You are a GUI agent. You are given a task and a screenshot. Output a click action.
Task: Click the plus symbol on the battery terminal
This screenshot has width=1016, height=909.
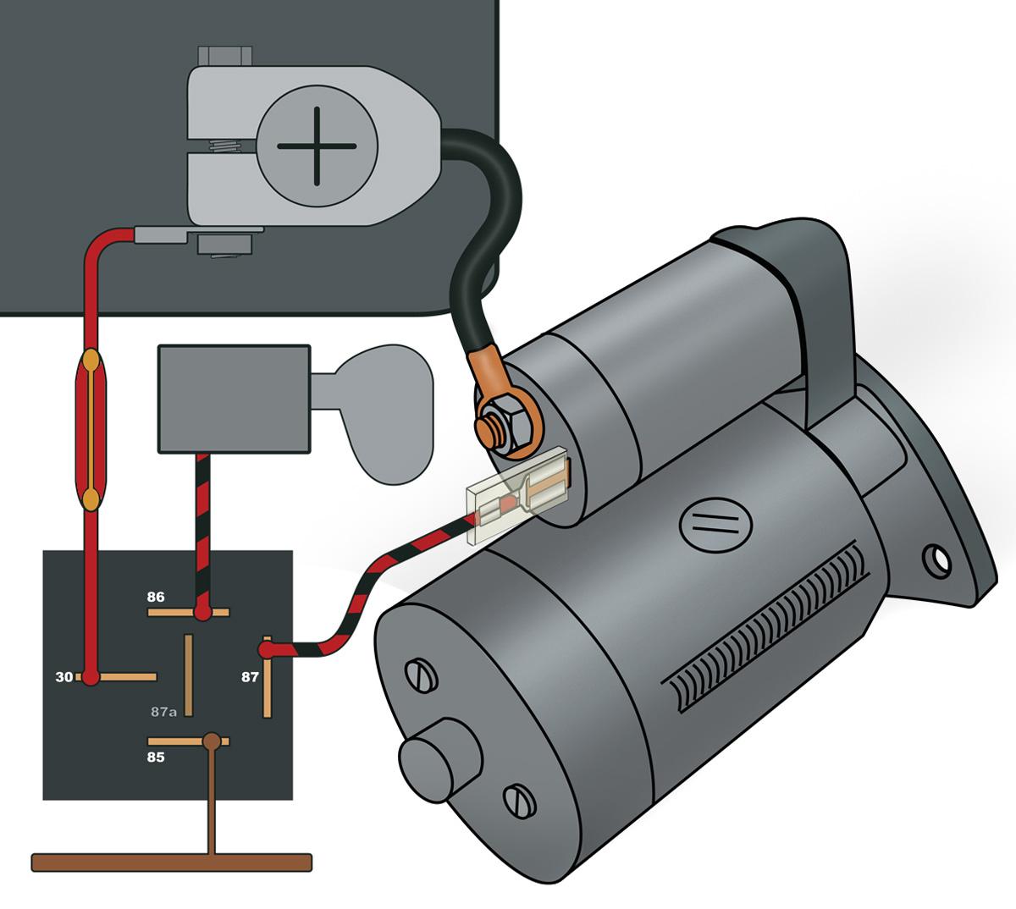pos(317,146)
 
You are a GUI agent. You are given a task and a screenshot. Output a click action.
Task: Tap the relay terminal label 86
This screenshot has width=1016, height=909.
pos(156,597)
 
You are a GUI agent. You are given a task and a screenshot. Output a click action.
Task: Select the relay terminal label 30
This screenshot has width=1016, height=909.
pos(64,677)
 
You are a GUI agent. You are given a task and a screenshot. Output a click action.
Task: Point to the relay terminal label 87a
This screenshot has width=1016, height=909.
pos(164,712)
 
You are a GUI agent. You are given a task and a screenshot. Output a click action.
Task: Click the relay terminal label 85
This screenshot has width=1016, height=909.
pos(156,757)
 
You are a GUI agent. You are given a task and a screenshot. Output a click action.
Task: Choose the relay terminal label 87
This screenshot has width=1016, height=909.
pos(250,677)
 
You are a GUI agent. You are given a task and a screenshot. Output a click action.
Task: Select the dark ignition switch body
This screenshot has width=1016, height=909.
pos(234,399)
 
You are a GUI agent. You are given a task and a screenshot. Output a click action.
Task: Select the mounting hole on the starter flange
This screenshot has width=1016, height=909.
pos(936,559)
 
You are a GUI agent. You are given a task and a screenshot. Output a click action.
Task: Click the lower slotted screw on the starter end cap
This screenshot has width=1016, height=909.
pos(517,800)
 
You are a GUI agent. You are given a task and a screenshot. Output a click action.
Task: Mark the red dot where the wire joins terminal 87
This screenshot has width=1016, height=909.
pos(266,650)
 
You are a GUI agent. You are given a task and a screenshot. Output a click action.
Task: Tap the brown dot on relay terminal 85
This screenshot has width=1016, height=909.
pos(212,741)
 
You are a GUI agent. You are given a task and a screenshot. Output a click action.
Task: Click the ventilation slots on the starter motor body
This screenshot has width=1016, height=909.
pos(770,631)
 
